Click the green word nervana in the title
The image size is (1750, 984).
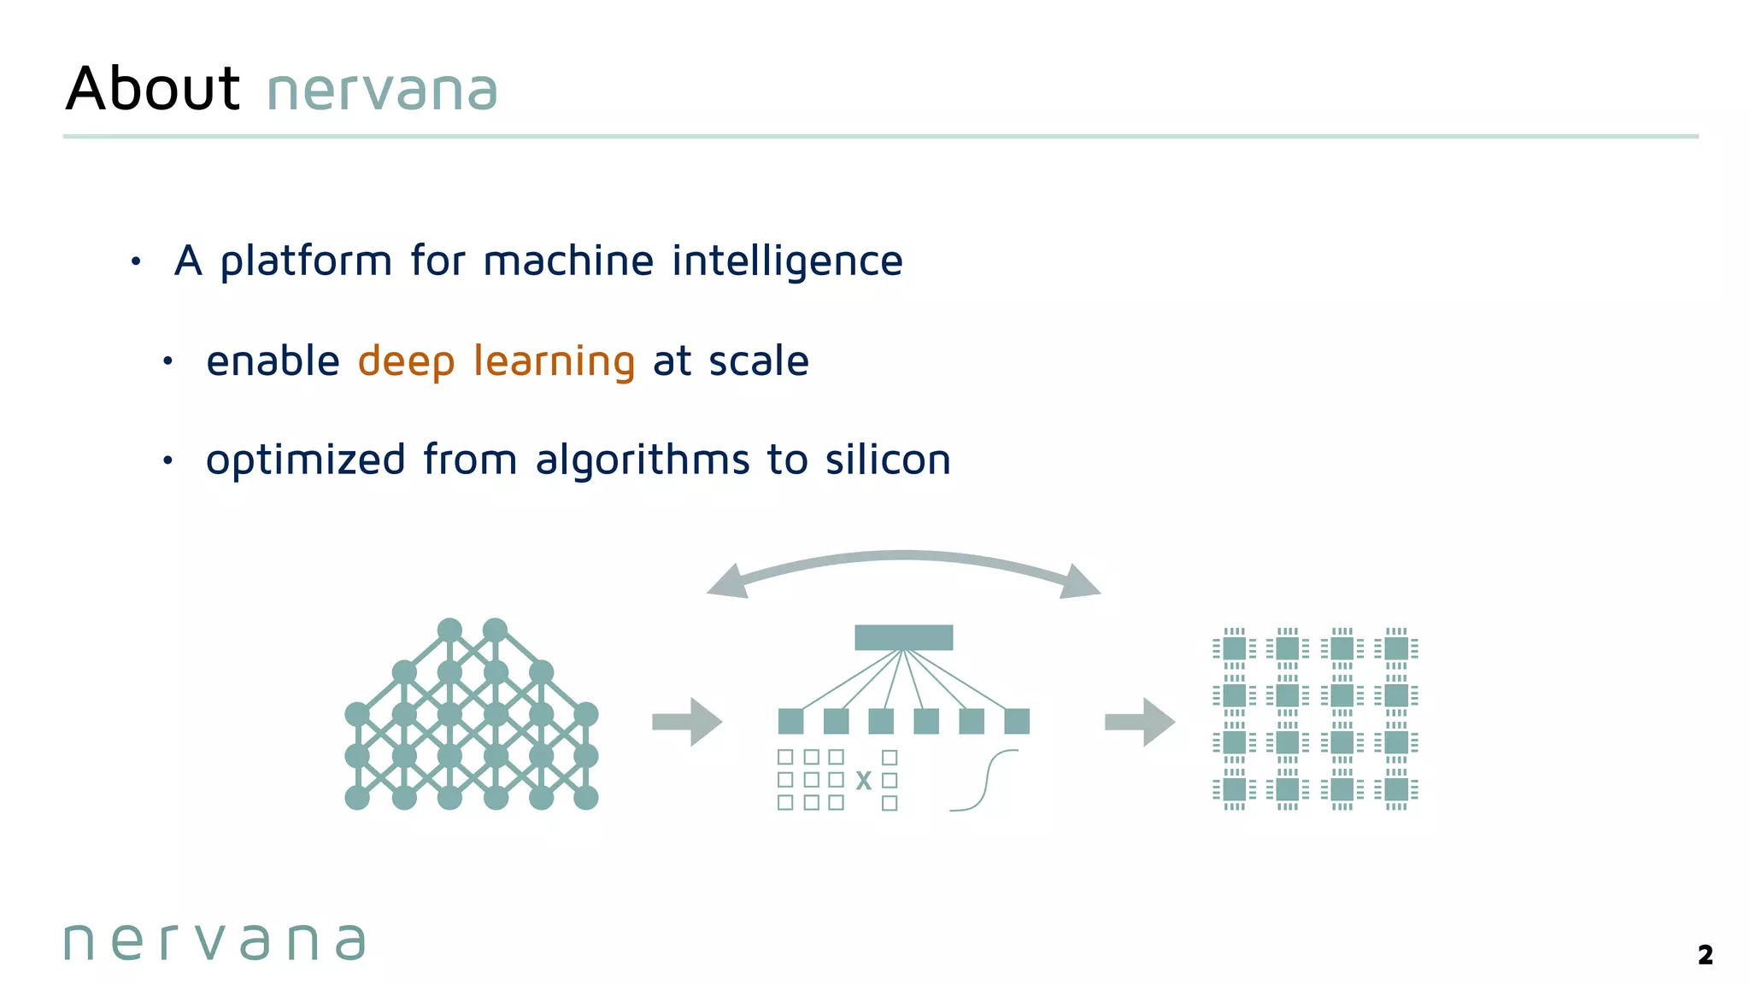coord(382,91)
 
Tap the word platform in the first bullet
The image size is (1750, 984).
coord(305,261)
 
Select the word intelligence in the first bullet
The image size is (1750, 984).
coord(786,261)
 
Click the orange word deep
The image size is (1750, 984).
coord(406,361)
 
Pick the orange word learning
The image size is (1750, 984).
coord(554,361)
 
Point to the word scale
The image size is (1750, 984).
coord(758,360)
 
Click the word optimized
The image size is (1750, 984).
coord(305,460)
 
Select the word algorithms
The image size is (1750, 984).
coord(642,460)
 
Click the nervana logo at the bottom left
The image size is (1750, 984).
coord(214,942)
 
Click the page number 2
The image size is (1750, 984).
coord(1705,955)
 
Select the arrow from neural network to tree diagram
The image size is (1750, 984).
coord(687,722)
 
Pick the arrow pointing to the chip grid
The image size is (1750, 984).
coord(1140,722)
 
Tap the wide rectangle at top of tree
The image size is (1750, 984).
coord(903,637)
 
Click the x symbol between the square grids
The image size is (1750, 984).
coord(863,781)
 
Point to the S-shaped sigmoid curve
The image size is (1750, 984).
coord(984,780)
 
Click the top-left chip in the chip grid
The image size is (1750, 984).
coord(1234,648)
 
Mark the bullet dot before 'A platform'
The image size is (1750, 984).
coord(136,261)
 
